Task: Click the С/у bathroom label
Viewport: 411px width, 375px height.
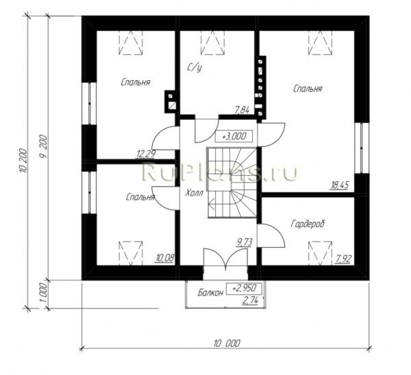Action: (x=195, y=67)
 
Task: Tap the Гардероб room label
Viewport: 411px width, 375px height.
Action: (x=308, y=224)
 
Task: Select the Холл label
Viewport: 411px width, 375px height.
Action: (x=194, y=193)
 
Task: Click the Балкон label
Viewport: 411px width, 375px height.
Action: (x=210, y=292)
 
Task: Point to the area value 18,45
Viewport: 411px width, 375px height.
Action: (x=340, y=185)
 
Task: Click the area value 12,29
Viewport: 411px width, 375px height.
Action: (x=145, y=154)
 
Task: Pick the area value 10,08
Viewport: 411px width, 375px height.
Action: (x=165, y=258)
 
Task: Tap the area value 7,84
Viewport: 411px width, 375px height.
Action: (x=242, y=110)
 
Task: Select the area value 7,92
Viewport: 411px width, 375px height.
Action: (x=343, y=259)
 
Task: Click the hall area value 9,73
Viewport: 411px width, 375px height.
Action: (x=245, y=242)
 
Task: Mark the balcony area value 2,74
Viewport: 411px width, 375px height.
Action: (x=250, y=300)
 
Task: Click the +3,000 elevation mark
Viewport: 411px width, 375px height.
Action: (x=234, y=136)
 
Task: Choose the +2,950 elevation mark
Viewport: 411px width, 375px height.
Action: (x=244, y=288)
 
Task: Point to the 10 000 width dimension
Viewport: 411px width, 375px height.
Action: (x=227, y=343)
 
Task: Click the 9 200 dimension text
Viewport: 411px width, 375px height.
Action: (x=43, y=147)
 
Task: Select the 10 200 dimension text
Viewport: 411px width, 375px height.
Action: (x=23, y=161)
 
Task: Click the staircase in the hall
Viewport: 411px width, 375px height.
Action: (x=232, y=183)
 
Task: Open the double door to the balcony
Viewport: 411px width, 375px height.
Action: (x=225, y=259)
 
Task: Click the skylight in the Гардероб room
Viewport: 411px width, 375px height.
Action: (x=321, y=253)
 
